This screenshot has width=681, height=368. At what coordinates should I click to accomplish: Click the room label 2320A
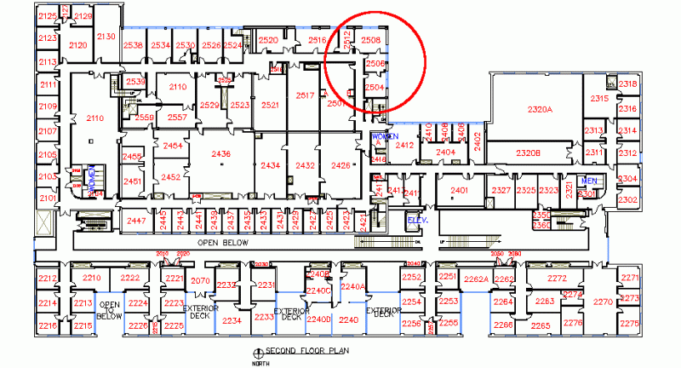point(540,110)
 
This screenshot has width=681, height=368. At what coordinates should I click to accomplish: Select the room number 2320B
point(528,152)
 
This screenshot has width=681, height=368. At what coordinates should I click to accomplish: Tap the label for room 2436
point(220,153)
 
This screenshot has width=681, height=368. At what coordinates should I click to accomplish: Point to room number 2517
point(305,96)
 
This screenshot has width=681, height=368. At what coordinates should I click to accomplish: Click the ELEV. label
point(417,221)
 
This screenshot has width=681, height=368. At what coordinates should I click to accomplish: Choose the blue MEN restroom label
point(588,181)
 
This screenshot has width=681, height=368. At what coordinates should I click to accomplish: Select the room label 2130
point(106,36)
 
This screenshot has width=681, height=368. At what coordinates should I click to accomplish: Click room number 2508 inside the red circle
point(370,40)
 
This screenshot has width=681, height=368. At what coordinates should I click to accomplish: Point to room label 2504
point(375,87)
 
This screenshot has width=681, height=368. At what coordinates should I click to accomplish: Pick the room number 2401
point(461,189)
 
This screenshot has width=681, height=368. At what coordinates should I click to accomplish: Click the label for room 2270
point(603,302)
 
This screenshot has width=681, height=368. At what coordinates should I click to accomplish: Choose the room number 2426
point(340,164)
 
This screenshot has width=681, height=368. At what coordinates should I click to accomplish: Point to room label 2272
point(557,279)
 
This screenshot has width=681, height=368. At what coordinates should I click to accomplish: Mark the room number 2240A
point(352,286)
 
